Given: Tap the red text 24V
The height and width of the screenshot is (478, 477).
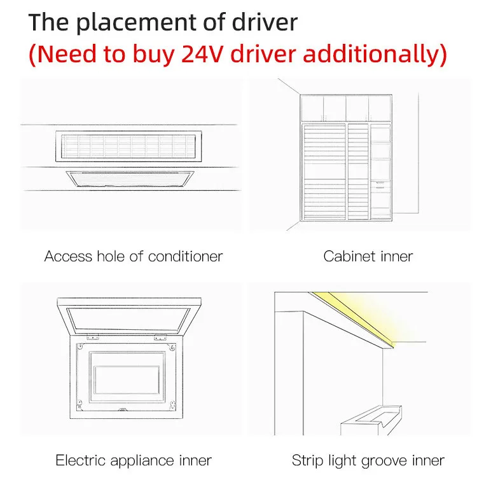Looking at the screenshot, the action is (x=203, y=54).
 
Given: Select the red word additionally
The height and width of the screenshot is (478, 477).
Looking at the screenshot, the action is (x=371, y=54).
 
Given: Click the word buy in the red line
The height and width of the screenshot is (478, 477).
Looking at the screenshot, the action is (x=154, y=55).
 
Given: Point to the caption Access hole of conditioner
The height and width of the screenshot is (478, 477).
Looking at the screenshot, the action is (x=134, y=256).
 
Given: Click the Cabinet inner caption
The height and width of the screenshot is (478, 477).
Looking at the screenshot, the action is (x=368, y=256).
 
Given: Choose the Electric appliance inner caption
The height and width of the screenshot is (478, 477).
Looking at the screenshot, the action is (x=134, y=460).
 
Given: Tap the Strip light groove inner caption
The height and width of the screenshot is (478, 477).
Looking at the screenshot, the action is (x=368, y=460).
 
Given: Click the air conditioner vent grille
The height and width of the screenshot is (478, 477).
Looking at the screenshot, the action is (x=128, y=146).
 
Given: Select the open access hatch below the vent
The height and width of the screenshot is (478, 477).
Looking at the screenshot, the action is (x=130, y=179).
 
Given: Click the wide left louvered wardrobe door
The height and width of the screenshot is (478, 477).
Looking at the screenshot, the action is (x=324, y=172).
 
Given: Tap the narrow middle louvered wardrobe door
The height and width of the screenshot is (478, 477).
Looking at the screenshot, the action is (x=358, y=172).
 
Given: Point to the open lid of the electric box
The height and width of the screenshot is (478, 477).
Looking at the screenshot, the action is (x=128, y=317).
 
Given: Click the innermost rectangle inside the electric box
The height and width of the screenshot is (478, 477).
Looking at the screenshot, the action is (x=127, y=380).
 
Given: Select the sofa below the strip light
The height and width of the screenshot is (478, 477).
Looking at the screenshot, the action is (x=371, y=420).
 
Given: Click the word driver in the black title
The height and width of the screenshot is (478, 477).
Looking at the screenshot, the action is (x=265, y=23).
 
